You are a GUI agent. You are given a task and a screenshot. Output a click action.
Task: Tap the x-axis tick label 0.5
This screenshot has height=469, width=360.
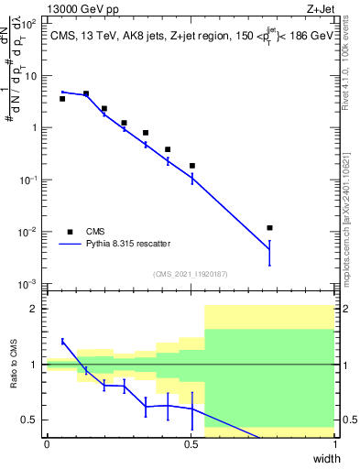coord(191,444)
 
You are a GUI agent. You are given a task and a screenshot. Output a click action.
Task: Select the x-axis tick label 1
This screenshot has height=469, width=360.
coord(335,444)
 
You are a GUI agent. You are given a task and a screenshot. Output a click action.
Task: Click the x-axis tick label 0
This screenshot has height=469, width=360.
coord(47,444)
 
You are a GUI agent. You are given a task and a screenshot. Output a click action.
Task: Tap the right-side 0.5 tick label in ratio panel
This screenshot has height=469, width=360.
coord(348,420)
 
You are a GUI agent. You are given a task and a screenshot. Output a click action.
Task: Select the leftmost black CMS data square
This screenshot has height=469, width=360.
coord(61,98)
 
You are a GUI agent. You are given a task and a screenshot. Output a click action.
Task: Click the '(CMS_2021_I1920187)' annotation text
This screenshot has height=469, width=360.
coord(190,274)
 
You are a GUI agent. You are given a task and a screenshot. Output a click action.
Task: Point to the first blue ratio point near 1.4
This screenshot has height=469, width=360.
coord(61,341)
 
